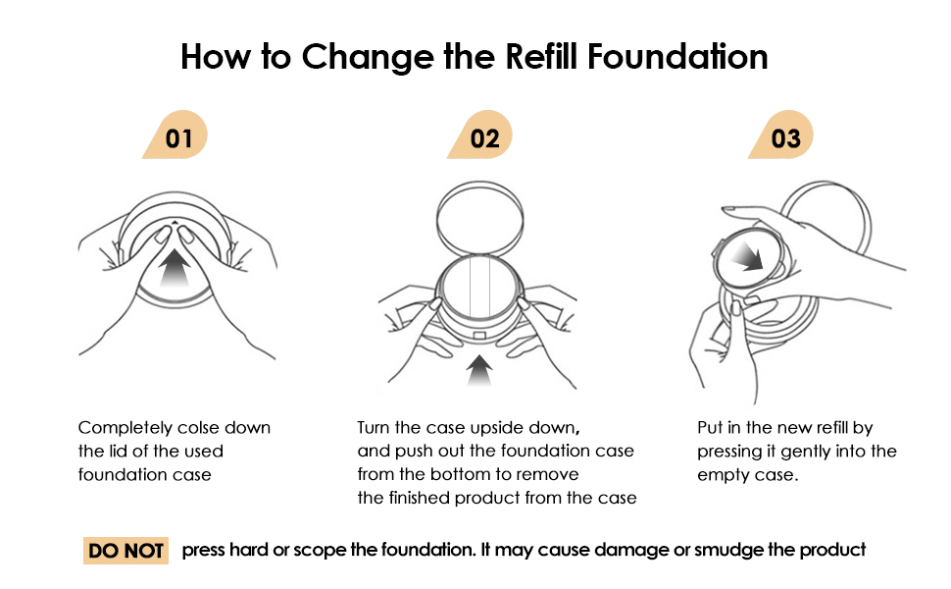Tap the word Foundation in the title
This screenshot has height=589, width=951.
click(677, 57)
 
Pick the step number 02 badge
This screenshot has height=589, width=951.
click(483, 137)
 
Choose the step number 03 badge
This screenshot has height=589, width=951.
click(785, 137)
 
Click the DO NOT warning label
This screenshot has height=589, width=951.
click(126, 551)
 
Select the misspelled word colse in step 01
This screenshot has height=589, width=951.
click(199, 428)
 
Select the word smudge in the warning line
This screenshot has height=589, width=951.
click(728, 550)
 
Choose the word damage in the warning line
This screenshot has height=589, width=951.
click(625, 550)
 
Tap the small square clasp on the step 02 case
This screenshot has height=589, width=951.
click(479, 336)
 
